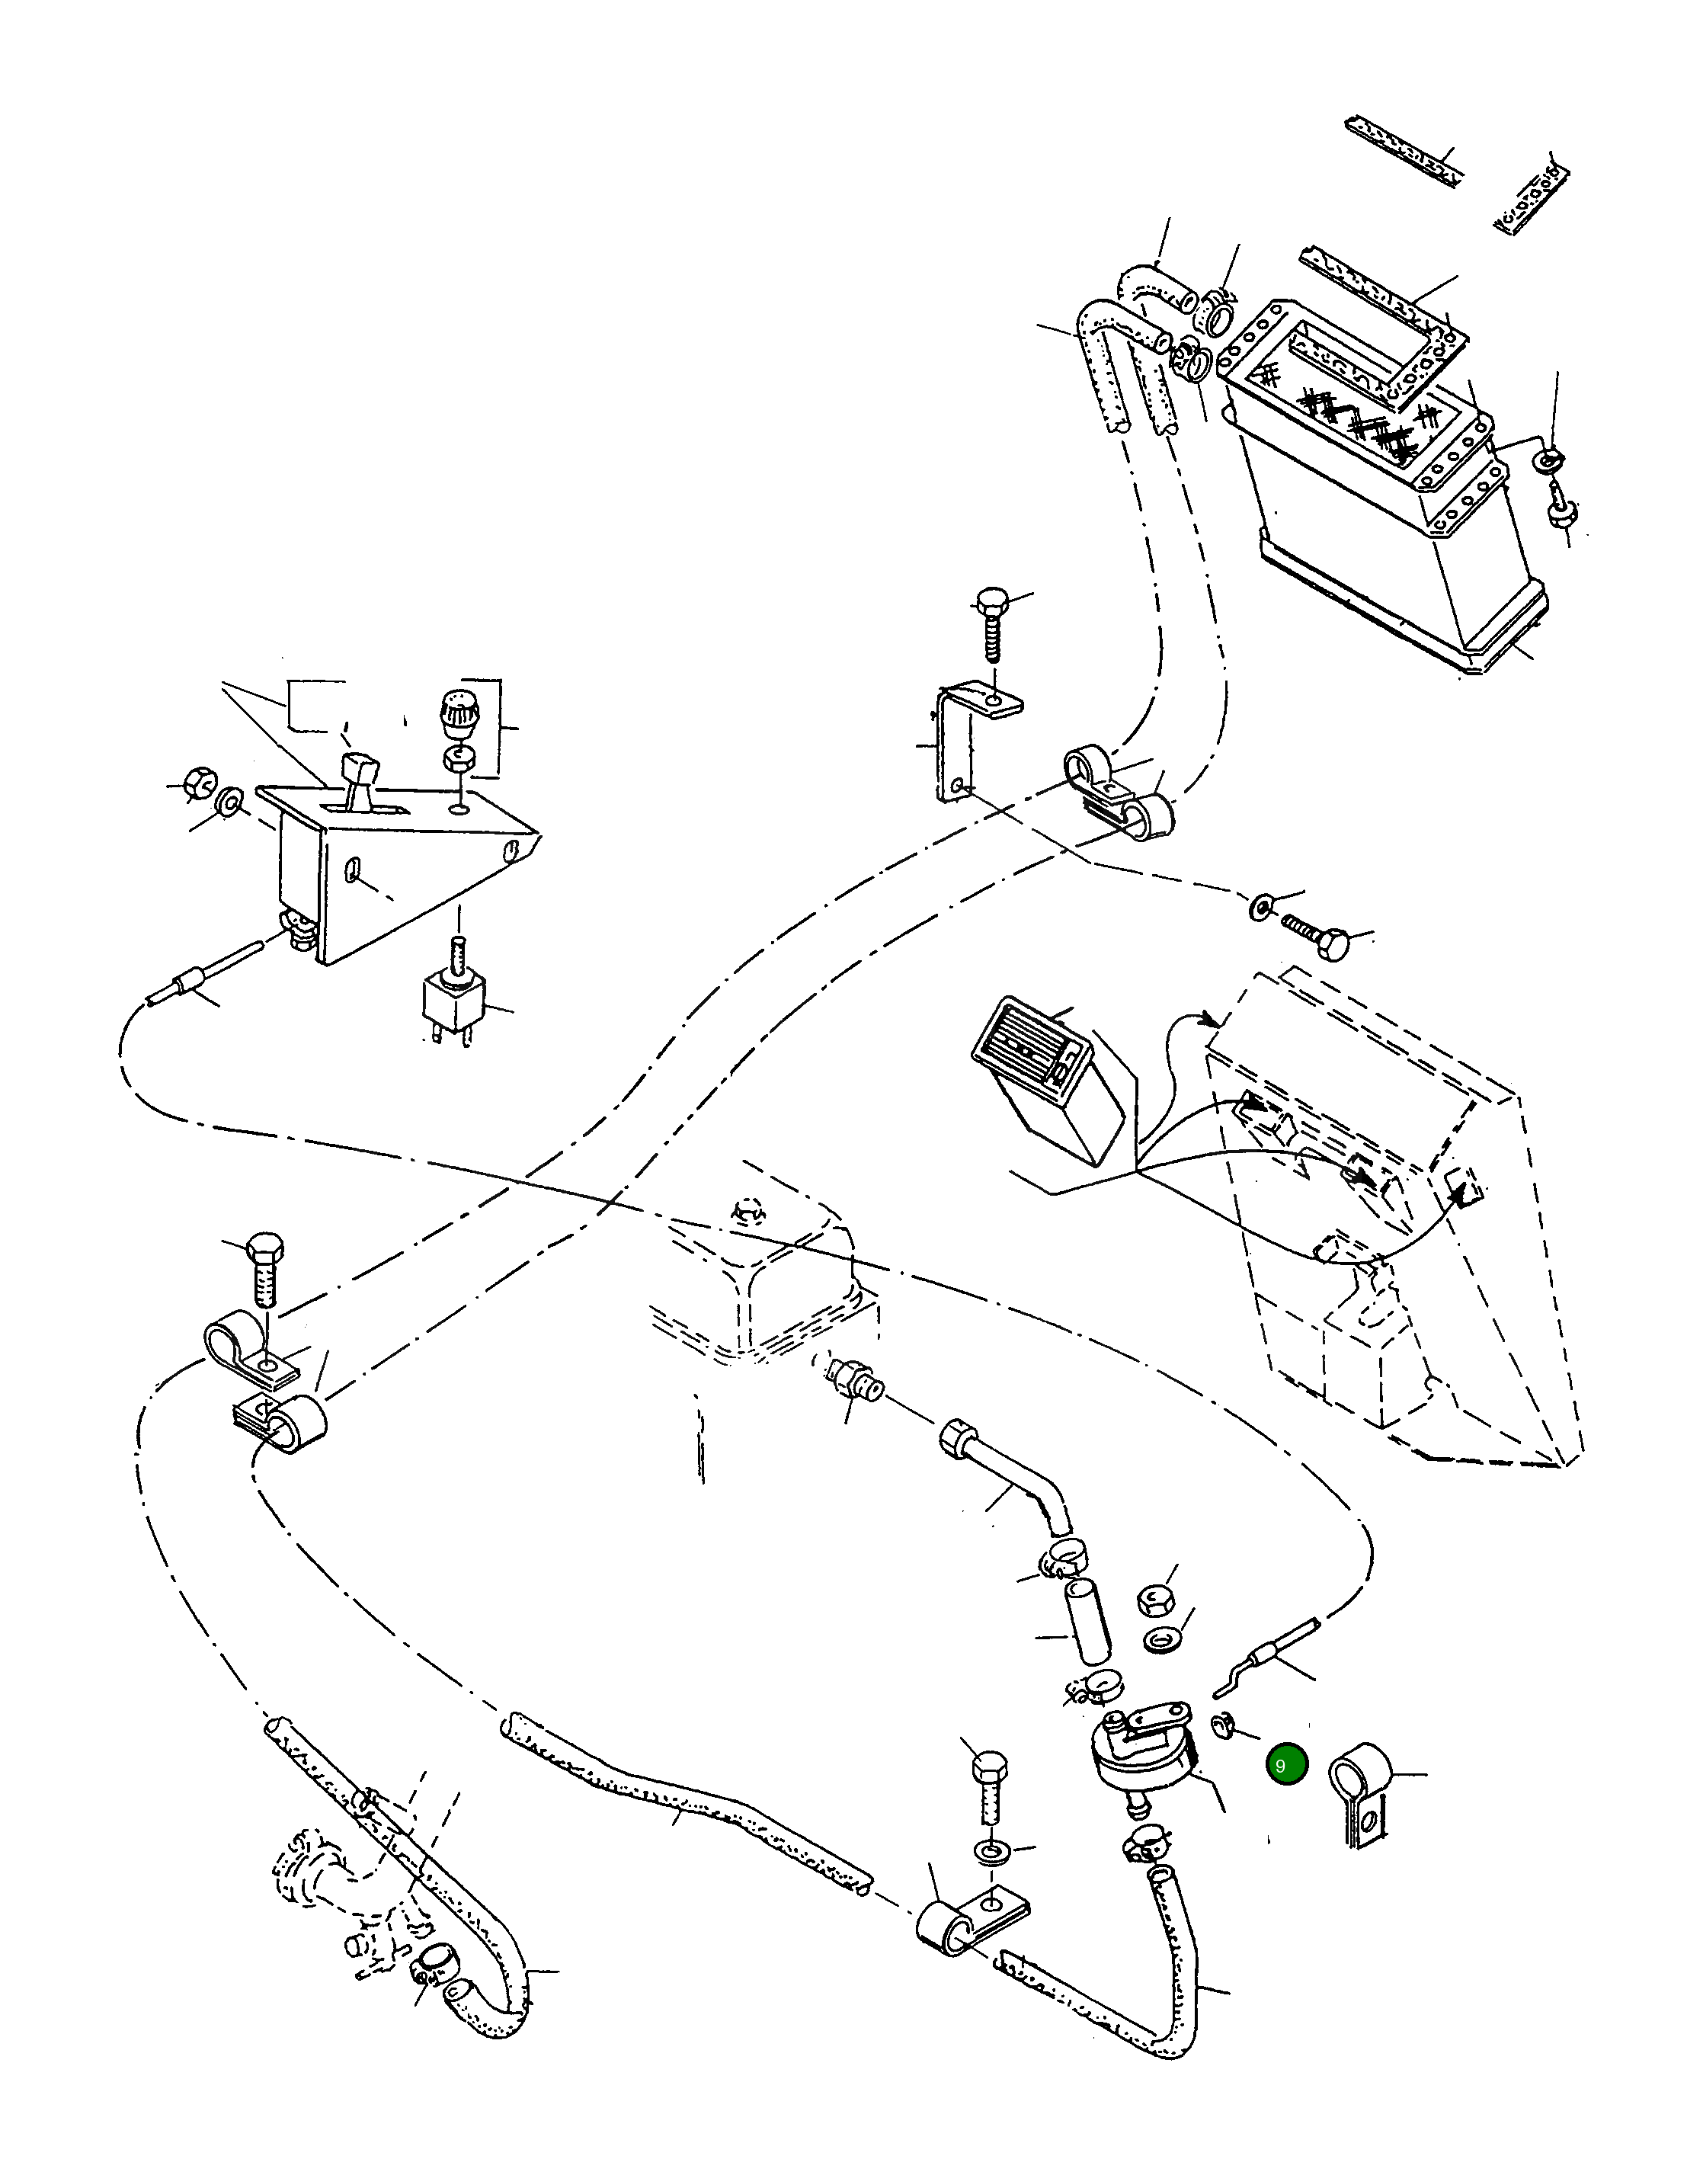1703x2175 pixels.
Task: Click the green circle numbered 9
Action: (1286, 1764)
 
